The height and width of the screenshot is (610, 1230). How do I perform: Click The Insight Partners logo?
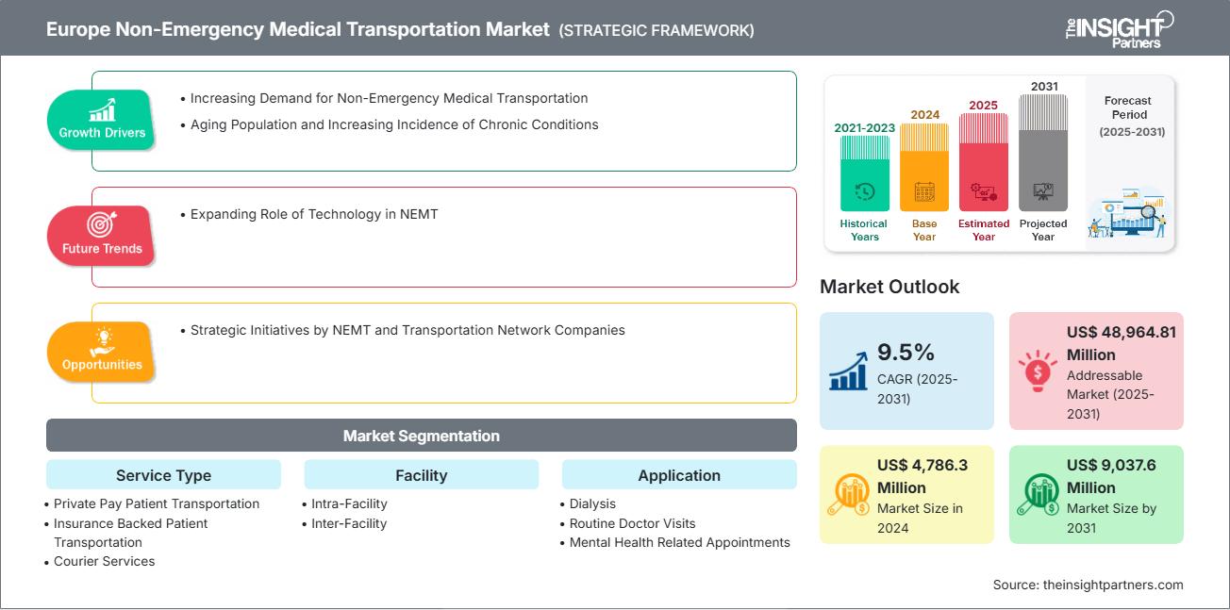(x=1119, y=28)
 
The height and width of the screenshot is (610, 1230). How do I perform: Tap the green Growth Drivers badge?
(x=101, y=119)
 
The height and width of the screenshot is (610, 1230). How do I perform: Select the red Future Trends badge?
(x=101, y=235)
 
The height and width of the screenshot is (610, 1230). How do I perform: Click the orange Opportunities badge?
(x=101, y=351)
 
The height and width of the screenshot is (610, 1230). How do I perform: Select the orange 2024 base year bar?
(x=923, y=167)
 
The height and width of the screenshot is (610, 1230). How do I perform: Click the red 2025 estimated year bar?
(x=984, y=161)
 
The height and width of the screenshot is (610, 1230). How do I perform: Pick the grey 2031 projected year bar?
(x=1043, y=152)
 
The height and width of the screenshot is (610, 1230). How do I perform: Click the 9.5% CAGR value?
(x=906, y=353)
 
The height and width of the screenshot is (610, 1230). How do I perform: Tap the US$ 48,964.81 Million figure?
(x=1122, y=343)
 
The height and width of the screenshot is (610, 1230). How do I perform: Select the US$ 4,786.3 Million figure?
(x=922, y=476)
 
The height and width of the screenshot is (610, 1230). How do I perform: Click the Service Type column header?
(x=163, y=475)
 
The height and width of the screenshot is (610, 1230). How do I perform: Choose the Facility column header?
(x=421, y=475)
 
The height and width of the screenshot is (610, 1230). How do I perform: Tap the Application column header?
(x=679, y=475)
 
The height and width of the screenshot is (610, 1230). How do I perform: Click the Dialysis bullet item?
(x=592, y=503)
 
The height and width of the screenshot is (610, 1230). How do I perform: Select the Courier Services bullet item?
(x=104, y=561)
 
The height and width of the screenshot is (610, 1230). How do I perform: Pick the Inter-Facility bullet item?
(x=349, y=523)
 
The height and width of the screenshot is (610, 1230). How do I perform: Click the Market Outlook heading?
(x=889, y=287)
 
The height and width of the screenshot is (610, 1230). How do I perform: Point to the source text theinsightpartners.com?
(x=1088, y=585)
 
